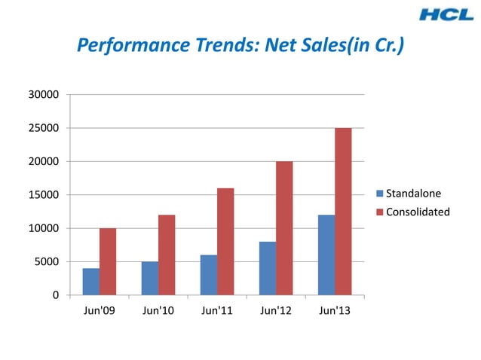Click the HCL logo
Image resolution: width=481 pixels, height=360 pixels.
pos(447,14)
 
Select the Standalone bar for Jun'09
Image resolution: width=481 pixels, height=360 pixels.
pos(90,282)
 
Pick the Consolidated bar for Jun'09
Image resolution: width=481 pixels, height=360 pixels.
pos(108,261)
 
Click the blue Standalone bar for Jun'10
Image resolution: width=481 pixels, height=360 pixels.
pos(149,278)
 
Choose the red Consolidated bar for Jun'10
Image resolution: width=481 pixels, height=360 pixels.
pos(167,255)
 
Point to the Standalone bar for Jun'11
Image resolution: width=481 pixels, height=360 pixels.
pos(208,275)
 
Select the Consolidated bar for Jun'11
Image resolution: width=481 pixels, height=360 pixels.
pos(225,241)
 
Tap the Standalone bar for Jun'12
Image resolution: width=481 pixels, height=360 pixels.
pos(267,268)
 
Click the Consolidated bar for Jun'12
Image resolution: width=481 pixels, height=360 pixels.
pos(284,227)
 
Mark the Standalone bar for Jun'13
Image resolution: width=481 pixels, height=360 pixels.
pos(326,255)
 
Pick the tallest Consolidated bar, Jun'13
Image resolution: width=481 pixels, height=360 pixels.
pos(343,211)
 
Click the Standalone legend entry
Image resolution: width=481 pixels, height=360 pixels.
pos(414,194)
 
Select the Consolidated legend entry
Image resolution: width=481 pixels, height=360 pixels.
pos(418,212)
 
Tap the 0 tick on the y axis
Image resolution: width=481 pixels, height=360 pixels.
pos(55,295)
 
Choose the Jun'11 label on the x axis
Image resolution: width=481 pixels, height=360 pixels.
pos(217,312)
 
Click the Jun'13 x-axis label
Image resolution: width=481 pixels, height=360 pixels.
pos(335,312)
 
